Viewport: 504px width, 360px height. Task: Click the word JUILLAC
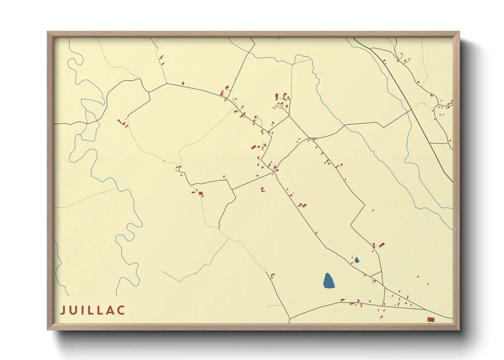93,310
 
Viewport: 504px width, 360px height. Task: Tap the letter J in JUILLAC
63,310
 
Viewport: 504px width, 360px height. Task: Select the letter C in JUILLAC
122,310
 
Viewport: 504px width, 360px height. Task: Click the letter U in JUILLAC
73,310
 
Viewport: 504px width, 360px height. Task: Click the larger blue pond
328,281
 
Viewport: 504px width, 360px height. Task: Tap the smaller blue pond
357,260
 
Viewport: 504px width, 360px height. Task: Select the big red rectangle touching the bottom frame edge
431,319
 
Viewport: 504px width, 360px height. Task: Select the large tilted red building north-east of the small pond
382,245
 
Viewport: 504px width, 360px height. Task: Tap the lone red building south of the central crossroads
263,189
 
